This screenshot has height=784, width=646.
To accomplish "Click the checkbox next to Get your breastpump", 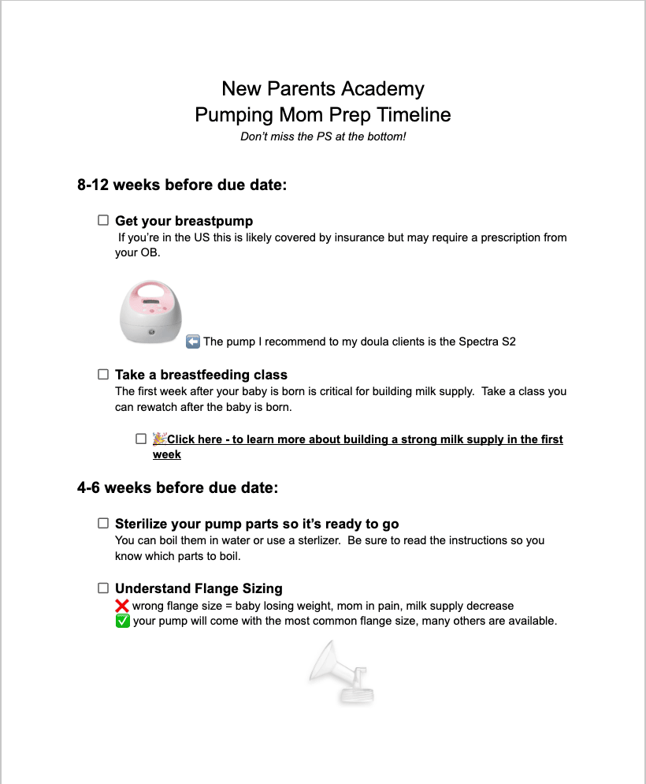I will (x=103, y=221).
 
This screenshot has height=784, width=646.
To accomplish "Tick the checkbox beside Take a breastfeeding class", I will (x=103, y=375).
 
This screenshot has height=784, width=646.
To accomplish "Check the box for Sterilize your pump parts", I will (x=103, y=523).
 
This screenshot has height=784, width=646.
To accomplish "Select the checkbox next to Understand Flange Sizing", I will (x=103, y=588).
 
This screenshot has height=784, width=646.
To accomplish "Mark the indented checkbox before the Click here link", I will (x=141, y=439).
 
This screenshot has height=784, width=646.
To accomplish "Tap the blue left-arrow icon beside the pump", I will (x=193, y=342).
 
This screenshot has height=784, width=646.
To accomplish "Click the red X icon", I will (x=122, y=606).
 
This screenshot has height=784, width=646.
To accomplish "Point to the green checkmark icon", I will (x=122, y=621).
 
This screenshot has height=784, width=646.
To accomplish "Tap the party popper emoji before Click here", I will (x=159, y=439).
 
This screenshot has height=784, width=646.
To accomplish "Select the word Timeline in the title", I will (x=414, y=114).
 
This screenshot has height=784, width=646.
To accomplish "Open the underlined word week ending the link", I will (x=167, y=454).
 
